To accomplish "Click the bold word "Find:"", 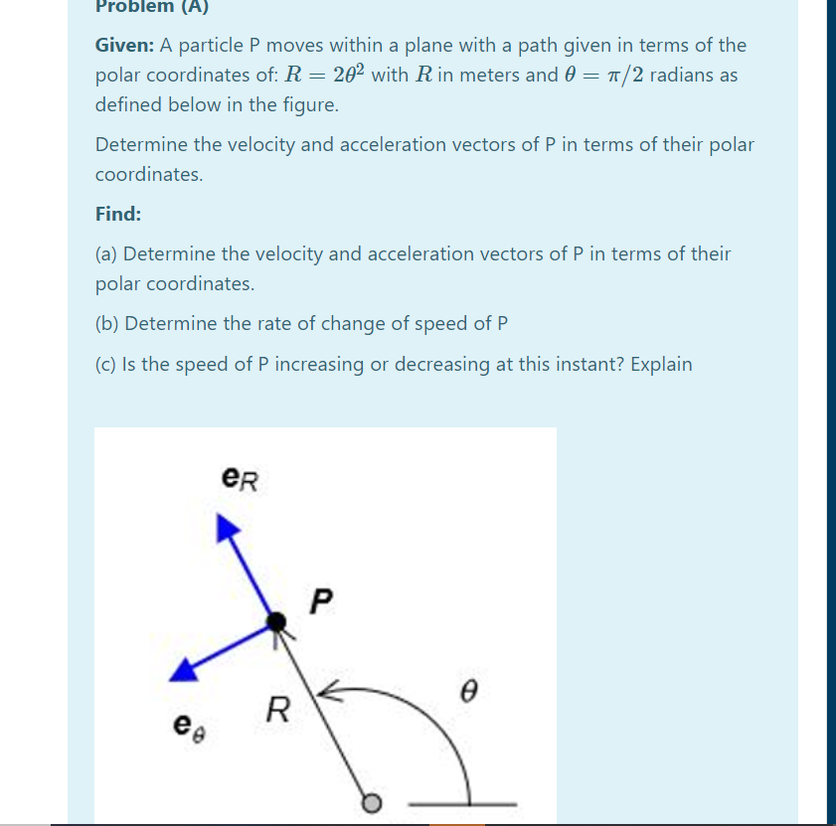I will tap(117, 214).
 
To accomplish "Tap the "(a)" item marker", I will tap(107, 254).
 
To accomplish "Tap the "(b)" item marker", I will tap(107, 324).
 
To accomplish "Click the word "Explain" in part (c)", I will tap(660, 364).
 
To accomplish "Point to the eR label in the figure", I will tap(242, 480).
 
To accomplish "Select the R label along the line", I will tap(280, 710).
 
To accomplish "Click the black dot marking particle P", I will tap(275, 623).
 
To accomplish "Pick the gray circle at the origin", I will tap(372, 802).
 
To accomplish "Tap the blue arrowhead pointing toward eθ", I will tap(183, 671).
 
